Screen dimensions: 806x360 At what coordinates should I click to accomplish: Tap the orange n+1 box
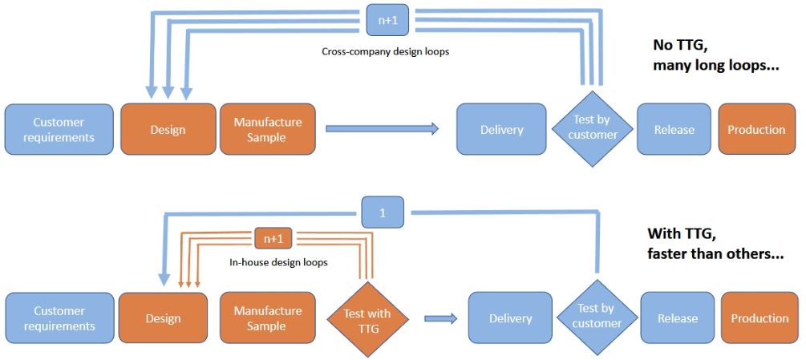(273, 239)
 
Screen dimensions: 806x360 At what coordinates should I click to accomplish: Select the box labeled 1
(383, 212)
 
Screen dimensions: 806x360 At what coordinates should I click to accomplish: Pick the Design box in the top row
(168, 129)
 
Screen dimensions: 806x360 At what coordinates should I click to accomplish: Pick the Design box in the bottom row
(163, 318)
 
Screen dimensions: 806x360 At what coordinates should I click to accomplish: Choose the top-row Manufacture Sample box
(267, 129)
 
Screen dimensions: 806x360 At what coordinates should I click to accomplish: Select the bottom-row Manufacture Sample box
(267, 318)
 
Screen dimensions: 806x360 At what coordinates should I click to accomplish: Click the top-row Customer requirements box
(59, 129)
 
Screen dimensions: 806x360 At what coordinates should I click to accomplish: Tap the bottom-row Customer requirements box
(59, 318)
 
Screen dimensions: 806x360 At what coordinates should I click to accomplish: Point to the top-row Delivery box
(501, 129)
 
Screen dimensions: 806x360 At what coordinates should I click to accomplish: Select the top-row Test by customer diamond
(592, 129)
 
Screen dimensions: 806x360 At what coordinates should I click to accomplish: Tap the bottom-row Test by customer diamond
(596, 317)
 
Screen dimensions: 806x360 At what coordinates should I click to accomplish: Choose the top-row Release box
(674, 129)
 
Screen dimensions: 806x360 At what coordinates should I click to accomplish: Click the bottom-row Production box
(759, 318)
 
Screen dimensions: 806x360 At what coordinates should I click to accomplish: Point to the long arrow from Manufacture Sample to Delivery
(383, 128)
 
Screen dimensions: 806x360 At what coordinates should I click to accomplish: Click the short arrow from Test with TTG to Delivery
(440, 319)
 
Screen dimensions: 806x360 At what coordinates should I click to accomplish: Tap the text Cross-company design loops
(386, 52)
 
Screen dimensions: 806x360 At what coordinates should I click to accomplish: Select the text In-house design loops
(278, 262)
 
